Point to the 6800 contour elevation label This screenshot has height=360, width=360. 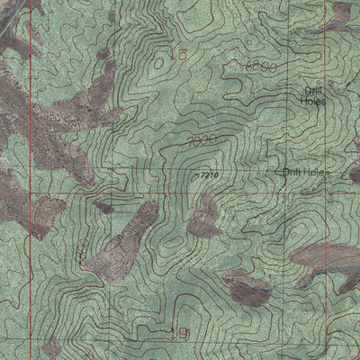[259, 67]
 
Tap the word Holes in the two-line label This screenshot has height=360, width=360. [313, 103]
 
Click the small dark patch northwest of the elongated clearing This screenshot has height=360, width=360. [103, 208]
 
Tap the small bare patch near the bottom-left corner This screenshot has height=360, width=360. [51, 346]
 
